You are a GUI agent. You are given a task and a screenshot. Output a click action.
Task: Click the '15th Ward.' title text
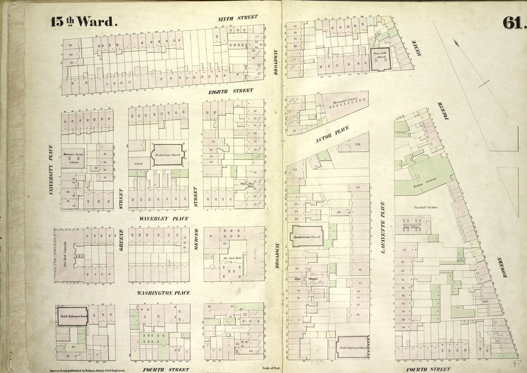[83, 22]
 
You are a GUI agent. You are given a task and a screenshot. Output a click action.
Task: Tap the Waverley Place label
[164, 218]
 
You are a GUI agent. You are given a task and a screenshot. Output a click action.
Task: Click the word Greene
[121, 240]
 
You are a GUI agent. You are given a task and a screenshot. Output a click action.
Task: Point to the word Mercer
[196, 240]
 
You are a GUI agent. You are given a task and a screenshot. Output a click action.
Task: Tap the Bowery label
[504, 268]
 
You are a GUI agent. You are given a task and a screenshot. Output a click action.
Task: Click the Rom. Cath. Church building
[381, 59]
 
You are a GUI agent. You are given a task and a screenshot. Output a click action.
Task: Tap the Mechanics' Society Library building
[73, 157]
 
